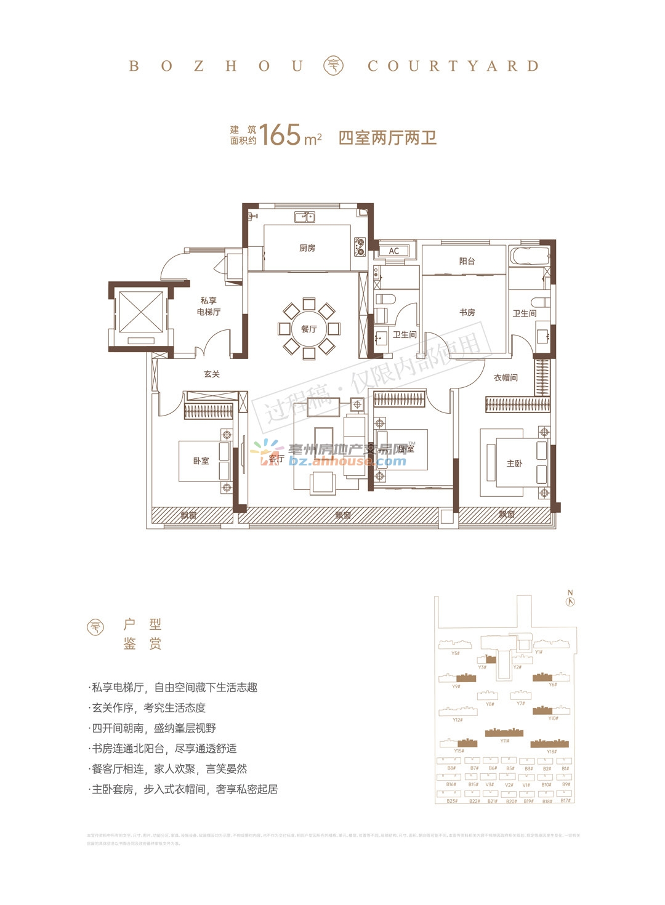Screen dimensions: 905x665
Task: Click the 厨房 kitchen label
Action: coord(307,248)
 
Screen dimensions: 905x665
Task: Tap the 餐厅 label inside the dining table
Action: coord(308,329)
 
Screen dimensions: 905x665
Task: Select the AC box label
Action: coord(394,251)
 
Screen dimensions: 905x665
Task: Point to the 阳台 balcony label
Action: coord(467,261)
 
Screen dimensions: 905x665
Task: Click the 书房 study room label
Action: coord(467,312)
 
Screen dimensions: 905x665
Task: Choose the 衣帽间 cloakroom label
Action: coord(506,377)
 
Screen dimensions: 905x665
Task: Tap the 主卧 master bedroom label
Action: coord(514,463)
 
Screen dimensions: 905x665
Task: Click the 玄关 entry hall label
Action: coord(212,374)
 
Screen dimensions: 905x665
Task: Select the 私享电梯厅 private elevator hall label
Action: coord(209,306)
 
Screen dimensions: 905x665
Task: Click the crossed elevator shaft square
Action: coord(140,312)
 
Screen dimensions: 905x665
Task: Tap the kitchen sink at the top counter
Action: coord(304,217)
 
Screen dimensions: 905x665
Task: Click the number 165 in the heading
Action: coord(280,135)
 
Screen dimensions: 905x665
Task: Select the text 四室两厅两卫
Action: coord(387,137)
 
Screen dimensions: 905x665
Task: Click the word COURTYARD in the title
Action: coord(453,66)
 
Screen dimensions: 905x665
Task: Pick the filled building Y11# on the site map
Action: coord(504,732)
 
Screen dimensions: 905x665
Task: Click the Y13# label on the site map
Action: coord(551,752)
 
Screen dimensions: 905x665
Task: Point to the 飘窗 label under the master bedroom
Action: coord(506,515)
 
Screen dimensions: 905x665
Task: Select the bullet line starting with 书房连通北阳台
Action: coord(163,749)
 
